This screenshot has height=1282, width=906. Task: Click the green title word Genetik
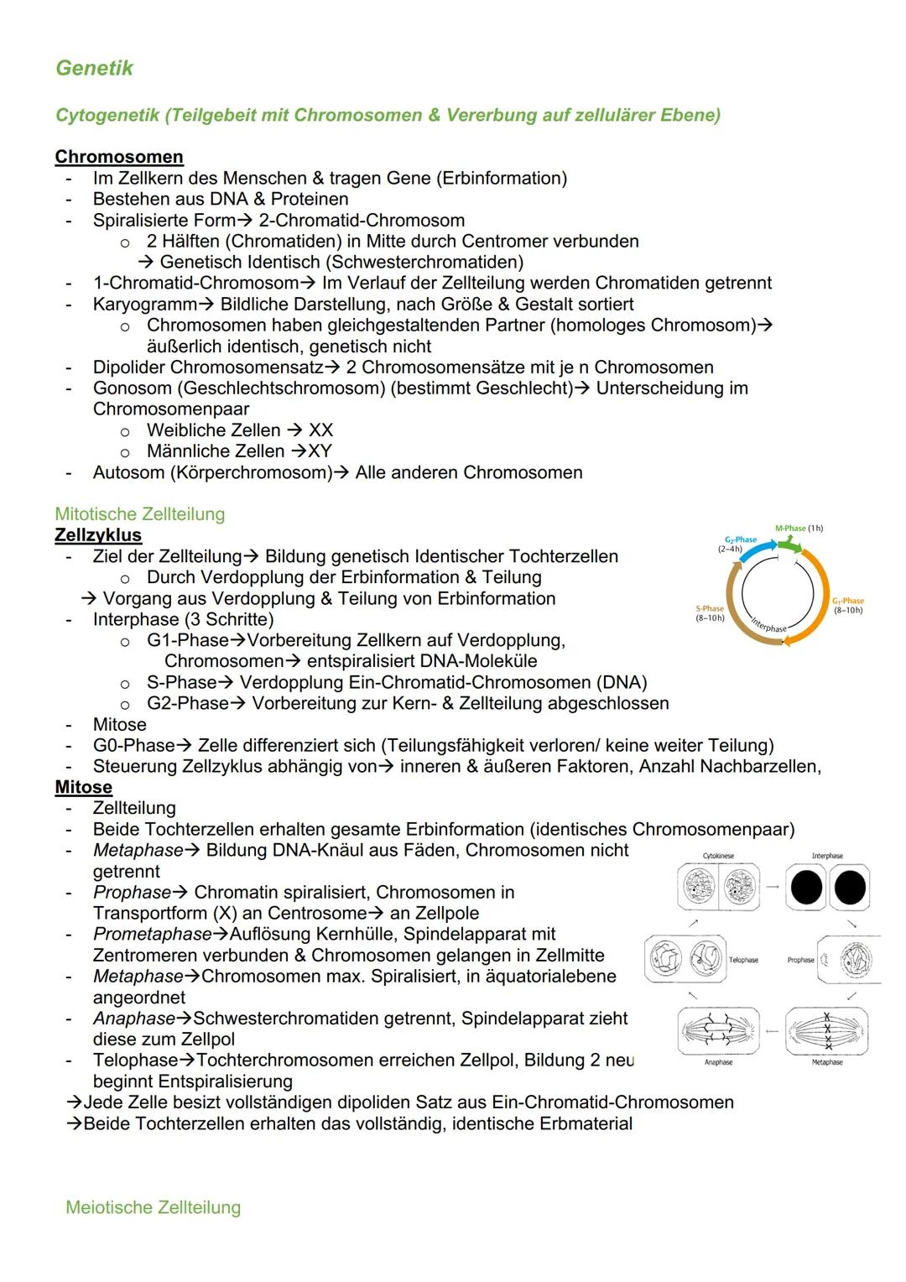click(x=94, y=68)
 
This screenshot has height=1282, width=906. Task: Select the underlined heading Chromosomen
click(x=118, y=157)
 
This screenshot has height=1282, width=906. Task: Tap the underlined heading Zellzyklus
click(x=98, y=535)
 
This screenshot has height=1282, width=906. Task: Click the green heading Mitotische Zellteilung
click(x=139, y=514)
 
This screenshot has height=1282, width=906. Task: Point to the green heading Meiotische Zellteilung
click(x=153, y=1207)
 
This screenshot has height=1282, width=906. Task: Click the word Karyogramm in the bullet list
click(x=144, y=304)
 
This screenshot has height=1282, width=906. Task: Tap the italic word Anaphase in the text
click(x=134, y=1018)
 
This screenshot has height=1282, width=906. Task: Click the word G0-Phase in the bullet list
click(x=133, y=745)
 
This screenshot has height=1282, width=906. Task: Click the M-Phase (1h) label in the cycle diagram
click(x=798, y=529)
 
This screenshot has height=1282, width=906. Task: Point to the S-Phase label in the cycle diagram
click(x=710, y=609)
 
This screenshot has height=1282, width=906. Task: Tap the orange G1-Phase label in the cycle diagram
click(x=847, y=601)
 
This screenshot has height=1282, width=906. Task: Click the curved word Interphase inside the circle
click(x=769, y=625)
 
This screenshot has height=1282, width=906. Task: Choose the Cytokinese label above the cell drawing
click(x=718, y=856)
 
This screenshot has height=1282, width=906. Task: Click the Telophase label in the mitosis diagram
click(x=743, y=960)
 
